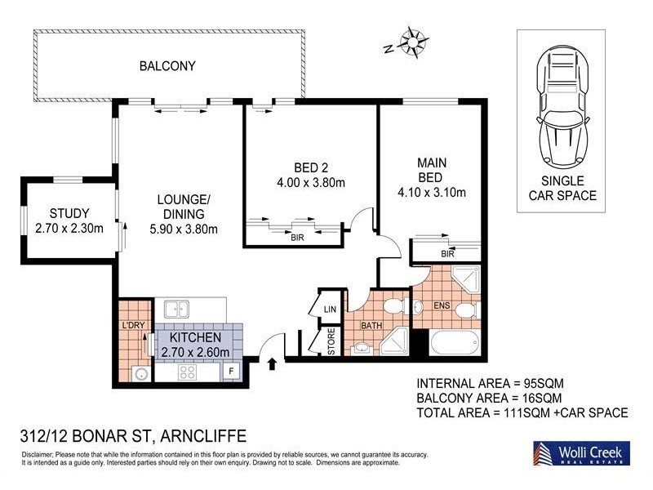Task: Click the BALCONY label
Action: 167,66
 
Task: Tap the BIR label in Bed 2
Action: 297,238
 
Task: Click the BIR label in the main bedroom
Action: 446,254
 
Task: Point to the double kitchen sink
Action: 176,309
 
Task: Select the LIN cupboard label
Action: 330,310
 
